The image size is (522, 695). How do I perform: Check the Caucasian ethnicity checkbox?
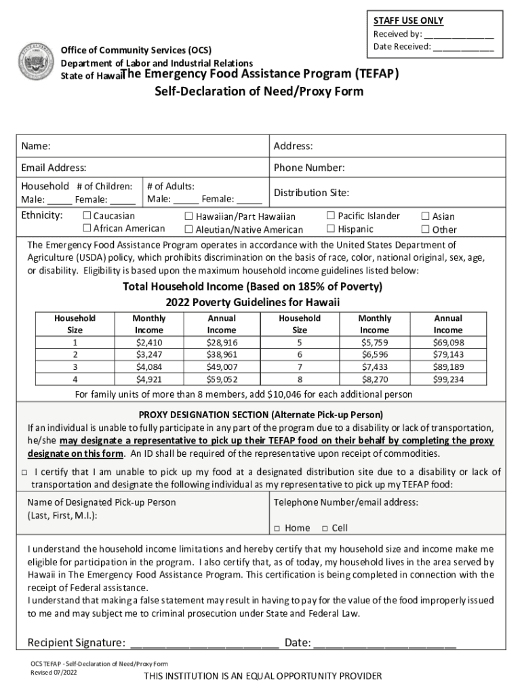tap(87, 216)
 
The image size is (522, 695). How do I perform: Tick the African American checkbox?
tap(87, 229)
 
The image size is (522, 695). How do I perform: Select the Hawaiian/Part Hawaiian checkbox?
tap(189, 217)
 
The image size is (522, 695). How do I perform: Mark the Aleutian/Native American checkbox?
tap(189, 229)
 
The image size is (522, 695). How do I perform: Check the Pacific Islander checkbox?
tap(331, 216)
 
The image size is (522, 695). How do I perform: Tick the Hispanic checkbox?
tap(331, 229)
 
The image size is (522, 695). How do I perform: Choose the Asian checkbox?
tap(426, 216)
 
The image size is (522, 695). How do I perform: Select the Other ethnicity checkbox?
tap(426, 229)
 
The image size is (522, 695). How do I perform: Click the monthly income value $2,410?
tap(148, 343)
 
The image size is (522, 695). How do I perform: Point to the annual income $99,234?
tap(448, 379)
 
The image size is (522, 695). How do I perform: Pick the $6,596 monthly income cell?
tap(375, 355)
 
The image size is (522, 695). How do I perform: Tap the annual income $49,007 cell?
tap(222, 367)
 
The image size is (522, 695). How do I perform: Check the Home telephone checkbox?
tap(277, 529)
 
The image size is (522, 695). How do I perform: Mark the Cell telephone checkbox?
tap(325, 529)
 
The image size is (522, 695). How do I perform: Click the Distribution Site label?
tap(311, 193)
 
